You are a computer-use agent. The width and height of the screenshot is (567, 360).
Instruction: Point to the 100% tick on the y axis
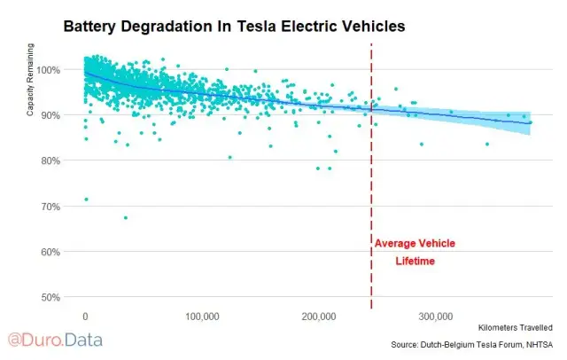click(48, 69)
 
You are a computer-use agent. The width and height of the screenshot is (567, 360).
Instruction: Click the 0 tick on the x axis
click(85, 316)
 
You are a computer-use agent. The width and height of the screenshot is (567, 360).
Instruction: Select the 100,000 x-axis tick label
click(203, 316)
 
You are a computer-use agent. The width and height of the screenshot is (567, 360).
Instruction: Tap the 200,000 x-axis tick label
click(319, 316)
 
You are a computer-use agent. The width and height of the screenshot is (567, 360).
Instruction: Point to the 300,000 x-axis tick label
click(436, 316)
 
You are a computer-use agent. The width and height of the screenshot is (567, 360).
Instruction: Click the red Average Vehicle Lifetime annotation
click(414, 252)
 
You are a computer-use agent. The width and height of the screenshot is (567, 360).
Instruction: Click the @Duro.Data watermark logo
click(55, 339)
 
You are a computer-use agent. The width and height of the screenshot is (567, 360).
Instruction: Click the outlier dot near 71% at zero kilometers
click(86, 200)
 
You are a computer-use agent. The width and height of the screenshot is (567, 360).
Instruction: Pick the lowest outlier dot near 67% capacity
click(125, 217)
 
